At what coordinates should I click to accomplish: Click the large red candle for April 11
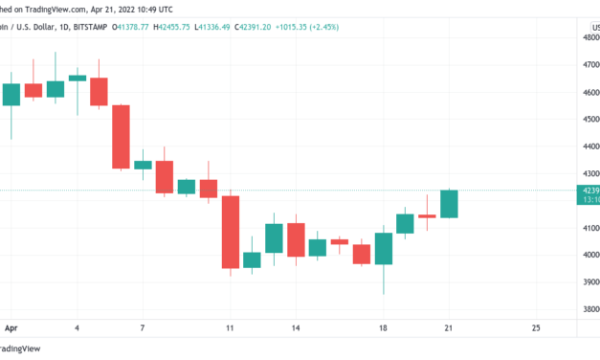pos(230,232)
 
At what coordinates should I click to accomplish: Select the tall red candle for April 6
pos(121,136)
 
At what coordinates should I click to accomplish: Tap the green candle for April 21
pos(449,203)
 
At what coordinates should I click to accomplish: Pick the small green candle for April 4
pos(78,78)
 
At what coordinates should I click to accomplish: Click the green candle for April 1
pos(11,94)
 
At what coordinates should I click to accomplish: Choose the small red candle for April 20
pos(427,216)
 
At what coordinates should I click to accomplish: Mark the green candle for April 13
pos(274,237)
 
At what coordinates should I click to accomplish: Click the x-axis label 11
pos(230,327)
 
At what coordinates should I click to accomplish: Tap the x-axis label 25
pos(536,327)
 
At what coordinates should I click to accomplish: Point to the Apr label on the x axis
pos(11,327)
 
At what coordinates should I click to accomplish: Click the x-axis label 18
pos(384,327)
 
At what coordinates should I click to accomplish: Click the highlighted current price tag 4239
pos(588,191)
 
